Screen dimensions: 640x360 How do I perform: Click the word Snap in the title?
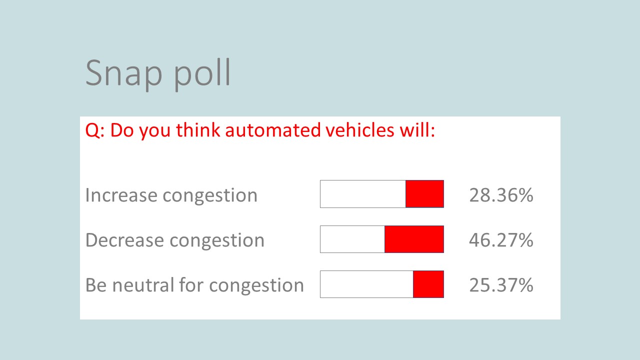click(123, 73)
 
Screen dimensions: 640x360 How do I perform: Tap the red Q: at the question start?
click(95, 131)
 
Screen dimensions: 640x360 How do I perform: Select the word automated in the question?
click(273, 130)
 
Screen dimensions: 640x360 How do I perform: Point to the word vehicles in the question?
click(360, 130)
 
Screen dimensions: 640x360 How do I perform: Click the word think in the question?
click(198, 130)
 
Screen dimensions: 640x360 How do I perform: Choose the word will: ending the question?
click(417, 130)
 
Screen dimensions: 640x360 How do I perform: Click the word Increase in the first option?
click(121, 195)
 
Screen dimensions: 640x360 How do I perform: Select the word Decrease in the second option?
click(125, 240)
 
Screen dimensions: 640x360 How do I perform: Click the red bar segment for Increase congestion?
click(424, 194)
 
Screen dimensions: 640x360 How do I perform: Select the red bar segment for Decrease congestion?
click(414, 239)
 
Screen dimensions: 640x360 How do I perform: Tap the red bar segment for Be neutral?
click(428, 284)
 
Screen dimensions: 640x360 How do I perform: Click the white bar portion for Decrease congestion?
click(352, 239)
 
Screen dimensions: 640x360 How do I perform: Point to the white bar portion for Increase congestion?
click(363, 194)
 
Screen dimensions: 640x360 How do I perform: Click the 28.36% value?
click(501, 195)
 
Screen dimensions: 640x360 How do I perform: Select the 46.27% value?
click(501, 240)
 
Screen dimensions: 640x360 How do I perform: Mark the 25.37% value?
click(501, 285)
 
